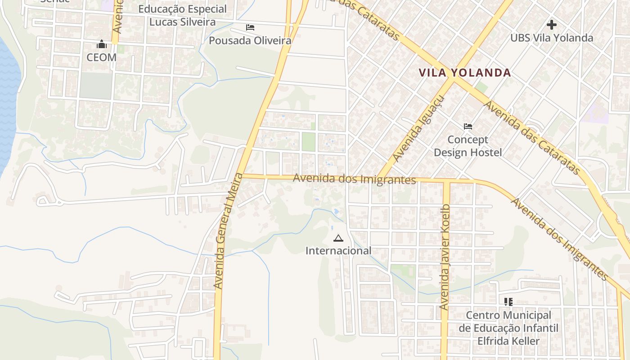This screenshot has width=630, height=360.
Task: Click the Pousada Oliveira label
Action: (x=250, y=40)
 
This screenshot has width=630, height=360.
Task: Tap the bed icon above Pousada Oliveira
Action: (x=250, y=27)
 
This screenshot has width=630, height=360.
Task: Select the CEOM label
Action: (x=102, y=58)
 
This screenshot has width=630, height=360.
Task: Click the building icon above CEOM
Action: (x=102, y=45)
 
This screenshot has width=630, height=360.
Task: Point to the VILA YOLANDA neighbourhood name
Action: (x=465, y=72)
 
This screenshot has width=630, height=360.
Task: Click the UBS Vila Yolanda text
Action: (x=552, y=38)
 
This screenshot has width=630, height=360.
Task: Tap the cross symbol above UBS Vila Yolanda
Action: (x=552, y=25)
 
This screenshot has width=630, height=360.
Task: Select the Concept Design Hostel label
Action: (x=468, y=146)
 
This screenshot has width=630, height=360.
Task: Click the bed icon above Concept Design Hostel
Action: (x=468, y=126)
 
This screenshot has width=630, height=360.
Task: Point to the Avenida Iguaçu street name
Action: (x=418, y=129)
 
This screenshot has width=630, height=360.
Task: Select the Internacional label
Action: (x=338, y=251)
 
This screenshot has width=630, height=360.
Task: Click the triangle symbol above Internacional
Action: (x=338, y=238)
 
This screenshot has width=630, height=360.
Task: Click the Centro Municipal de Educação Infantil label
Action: (x=508, y=328)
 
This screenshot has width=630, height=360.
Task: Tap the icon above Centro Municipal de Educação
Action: (x=508, y=301)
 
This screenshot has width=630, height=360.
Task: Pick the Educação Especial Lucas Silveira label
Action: (x=182, y=15)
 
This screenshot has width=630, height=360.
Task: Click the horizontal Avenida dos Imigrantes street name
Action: (x=354, y=179)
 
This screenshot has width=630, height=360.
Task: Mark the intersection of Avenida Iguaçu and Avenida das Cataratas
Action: (x=452, y=79)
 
